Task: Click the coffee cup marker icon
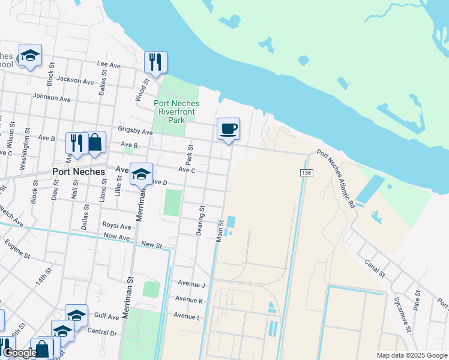point(228,129)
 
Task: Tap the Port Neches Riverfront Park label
point(176,112)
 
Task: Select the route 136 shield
point(306,173)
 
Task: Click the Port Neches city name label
point(79,171)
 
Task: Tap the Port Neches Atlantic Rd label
point(336,178)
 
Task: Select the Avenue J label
point(191,284)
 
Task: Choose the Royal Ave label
point(116,226)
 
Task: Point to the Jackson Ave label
point(75,80)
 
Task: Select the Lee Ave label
point(109,64)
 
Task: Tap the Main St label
point(220,230)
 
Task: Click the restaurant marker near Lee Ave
point(155,61)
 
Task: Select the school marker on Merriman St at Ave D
point(141,174)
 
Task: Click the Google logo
point(19,353)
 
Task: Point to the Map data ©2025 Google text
point(411,355)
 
